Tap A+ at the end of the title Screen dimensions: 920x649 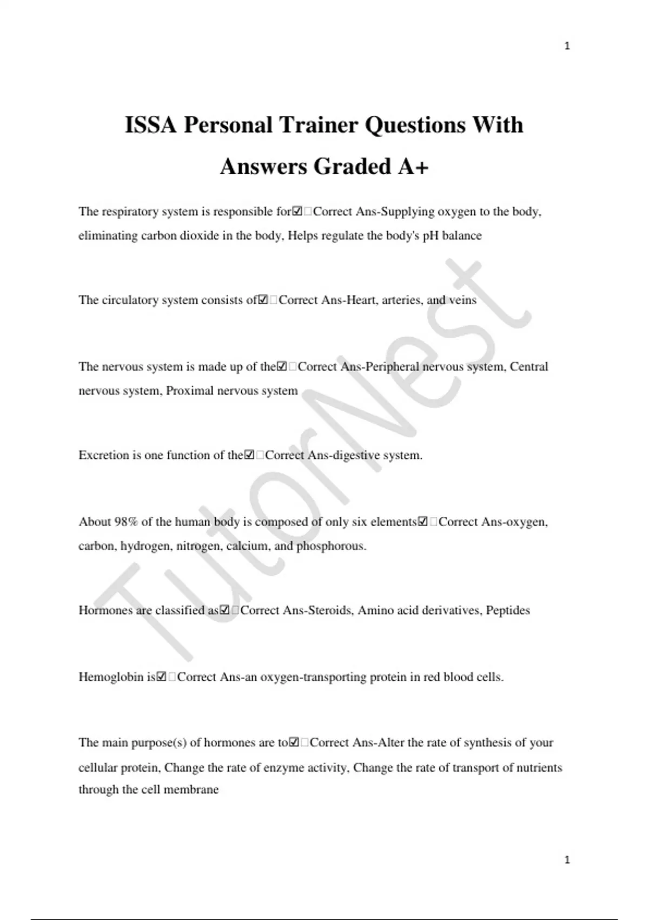coord(413,167)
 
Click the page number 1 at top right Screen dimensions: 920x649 coord(567,46)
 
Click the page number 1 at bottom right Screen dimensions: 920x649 coord(567,859)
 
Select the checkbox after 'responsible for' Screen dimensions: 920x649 coord(297,212)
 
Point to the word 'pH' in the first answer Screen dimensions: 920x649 coord(431,235)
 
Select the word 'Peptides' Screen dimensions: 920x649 coord(508,610)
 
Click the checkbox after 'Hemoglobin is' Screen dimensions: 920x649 coord(161,677)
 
